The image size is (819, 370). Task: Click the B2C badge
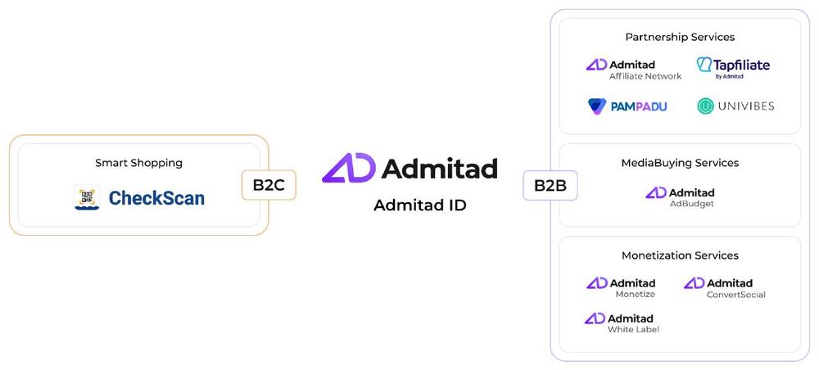coord(269,185)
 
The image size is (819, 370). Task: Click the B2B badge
coord(550,185)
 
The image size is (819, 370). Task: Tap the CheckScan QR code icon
coord(87,197)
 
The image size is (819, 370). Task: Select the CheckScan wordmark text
coord(156,198)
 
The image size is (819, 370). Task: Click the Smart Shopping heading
coord(139,163)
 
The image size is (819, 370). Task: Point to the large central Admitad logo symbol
coord(348,168)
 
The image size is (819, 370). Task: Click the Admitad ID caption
coord(420,205)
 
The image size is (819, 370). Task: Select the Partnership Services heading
coord(680,37)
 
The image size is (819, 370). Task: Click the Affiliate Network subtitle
coord(645,76)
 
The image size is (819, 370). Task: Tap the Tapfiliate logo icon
coord(704,65)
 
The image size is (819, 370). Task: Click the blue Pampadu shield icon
coord(597,106)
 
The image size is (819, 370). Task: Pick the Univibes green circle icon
coord(705,106)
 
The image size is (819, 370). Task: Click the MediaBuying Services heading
coord(680,163)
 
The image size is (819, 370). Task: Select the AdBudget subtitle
coord(692,204)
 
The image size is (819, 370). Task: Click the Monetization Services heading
coord(680,255)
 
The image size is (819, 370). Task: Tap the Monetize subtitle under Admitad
coord(636,295)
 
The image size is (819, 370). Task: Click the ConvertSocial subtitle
coord(736,295)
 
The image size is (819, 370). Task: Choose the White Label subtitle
coord(633,330)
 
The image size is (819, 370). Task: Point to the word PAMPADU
coord(639,107)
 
